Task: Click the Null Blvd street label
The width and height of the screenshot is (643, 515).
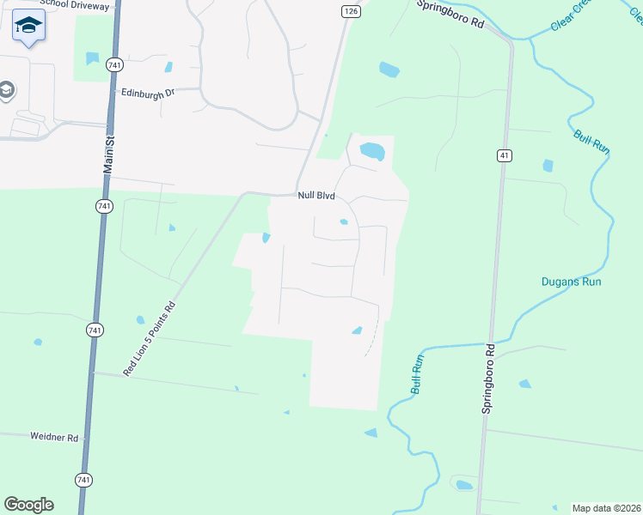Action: tap(315, 196)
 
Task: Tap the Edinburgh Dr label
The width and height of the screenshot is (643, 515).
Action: tap(148, 93)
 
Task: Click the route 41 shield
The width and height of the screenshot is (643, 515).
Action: tap(504, 154)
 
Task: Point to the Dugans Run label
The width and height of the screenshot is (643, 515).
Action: tap(571, 282)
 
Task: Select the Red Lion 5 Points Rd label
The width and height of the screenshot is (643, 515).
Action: tap(150, 339)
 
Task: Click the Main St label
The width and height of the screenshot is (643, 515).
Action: tap(108, 155)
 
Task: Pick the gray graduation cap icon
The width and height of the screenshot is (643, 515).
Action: tap(6, 90)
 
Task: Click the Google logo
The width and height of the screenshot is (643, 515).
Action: tap(28, 505)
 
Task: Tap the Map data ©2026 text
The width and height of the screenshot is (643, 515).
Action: tap(606, 508)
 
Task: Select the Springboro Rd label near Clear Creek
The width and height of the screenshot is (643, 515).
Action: tap(450, 15)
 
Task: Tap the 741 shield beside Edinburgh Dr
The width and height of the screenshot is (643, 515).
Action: tap(114, 64)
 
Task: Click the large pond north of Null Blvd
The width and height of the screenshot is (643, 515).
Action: tap(371, 151)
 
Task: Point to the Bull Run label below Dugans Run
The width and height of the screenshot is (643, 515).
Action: tap(418, 374)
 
